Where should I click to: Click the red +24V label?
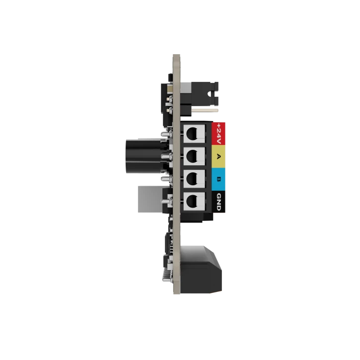[x=218, y=134]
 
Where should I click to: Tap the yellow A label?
[x=218, y=156]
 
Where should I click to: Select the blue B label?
[x=218, y=179]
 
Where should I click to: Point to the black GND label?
[x=218, y=202]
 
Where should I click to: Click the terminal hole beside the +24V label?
[x=192, y=134]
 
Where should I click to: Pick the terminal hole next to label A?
[x=192, y=156]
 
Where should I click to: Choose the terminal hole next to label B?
[x=192, y=179]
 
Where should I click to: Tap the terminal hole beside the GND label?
[x=192, y=202]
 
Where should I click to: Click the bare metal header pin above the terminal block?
[x=205, y=110]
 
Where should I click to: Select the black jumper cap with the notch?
[x=205, y=94]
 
